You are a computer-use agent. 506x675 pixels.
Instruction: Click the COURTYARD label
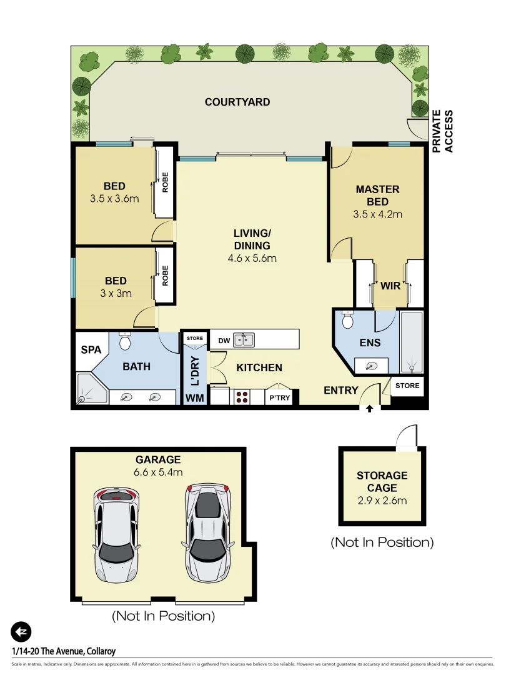tap(237, 102)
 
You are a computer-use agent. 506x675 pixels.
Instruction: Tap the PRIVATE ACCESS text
tap(443, 131)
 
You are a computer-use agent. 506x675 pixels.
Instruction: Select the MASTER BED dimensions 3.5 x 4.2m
tap(378, 214)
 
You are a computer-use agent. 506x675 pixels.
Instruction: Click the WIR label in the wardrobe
tap(390, 286)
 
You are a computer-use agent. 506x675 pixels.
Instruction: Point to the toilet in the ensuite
tap(349, 320)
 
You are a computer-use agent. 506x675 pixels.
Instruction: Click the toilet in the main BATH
tap(125, 341)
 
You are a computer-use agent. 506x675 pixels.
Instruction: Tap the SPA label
tap(91, 351)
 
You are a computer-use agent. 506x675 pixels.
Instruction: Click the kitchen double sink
tap(244, 341)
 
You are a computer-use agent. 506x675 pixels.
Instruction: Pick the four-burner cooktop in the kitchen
tap(241, 396)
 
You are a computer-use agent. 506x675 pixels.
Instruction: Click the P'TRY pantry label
tap(279, 397)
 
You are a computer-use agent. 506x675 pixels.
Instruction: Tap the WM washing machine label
tap(194, 397)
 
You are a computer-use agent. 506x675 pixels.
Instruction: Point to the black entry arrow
tap(369, 409)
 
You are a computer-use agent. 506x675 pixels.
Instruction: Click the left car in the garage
tap(117, 534)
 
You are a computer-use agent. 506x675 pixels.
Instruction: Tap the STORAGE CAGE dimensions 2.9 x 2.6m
tap(382, 499)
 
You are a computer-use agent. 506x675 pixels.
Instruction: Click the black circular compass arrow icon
tap(21, 632)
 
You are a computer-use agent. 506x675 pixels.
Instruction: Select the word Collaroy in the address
tap(97, 651)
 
